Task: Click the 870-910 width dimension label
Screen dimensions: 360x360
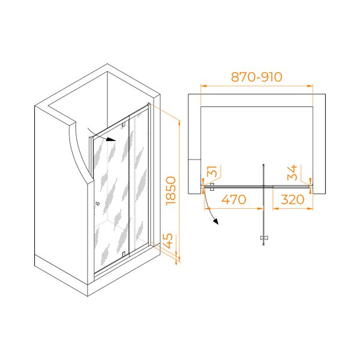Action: pos(256,77)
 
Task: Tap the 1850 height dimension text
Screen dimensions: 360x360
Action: pos(171,191)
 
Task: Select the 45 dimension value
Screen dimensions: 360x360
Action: pos(169,241)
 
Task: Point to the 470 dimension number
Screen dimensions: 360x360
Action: pos(234,199)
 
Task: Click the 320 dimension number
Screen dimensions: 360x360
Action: pos(293,199)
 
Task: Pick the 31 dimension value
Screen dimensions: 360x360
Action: pos(213,171)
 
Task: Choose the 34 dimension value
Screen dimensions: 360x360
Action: pos(292,172)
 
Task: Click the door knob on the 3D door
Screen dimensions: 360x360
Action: pos(98,203)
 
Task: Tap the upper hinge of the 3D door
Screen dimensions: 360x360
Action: pos(124,125)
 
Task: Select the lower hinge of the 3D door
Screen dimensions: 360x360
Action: pos(124,254)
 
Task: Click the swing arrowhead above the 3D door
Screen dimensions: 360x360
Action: pos(112,139)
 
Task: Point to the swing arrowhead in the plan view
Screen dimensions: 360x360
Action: pos(215,221)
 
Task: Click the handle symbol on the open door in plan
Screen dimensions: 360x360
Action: pos(263,238)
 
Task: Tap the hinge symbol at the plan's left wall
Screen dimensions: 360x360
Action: pos(212,187)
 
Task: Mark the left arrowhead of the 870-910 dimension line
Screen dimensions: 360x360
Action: pos(203,86)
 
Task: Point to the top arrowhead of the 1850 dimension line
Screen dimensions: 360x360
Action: pos(179,123)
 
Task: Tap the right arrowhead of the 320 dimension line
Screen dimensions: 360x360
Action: pos(310,209)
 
